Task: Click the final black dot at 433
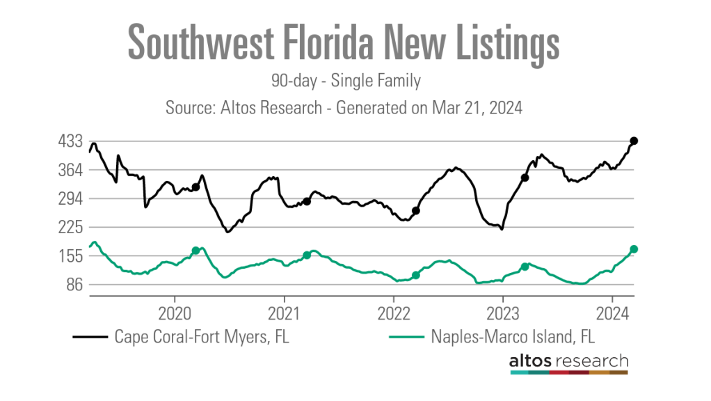634,141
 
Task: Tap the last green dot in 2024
634,249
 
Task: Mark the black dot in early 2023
525,178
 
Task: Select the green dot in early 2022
416,275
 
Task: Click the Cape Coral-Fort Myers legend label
202,337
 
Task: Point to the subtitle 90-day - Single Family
346,81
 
